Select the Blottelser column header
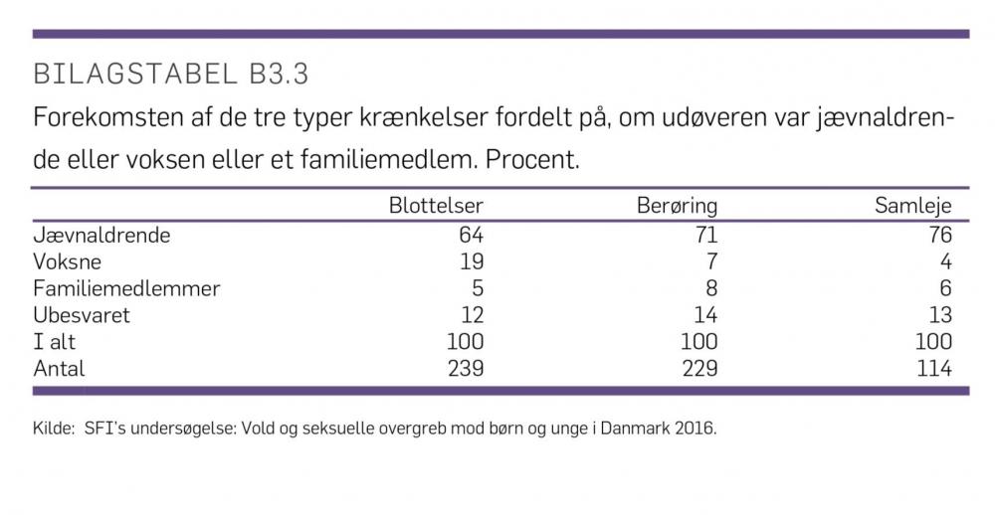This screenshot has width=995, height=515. click(x=436, y=207)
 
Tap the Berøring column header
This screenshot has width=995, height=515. click(x=677, y=207)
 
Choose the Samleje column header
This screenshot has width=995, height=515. click(x=912, y=207)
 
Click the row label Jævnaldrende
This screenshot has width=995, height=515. click(x=101, y=236)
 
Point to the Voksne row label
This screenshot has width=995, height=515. click(x=68, y=262)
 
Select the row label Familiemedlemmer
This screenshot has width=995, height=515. click(x=126, y=289)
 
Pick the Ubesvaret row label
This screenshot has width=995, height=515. click(x=82, y=315)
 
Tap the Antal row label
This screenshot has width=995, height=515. click(x=60, y=369)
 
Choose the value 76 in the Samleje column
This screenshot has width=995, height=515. click(x=938, y=236)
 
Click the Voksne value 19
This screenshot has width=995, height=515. click(x=471, y=262)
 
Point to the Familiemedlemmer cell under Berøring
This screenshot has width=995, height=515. click(x=710, y=289)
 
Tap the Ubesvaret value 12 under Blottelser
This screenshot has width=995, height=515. click(x=471, y=315)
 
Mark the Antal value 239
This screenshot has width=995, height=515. click(x=464, y=369)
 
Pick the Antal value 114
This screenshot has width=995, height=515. click(x=932, y=369)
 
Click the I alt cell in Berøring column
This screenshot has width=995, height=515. click(x=697, y=342)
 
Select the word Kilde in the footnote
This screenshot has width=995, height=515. click(x=50, y=430)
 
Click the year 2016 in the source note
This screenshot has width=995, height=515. click(x=694, y=430)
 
